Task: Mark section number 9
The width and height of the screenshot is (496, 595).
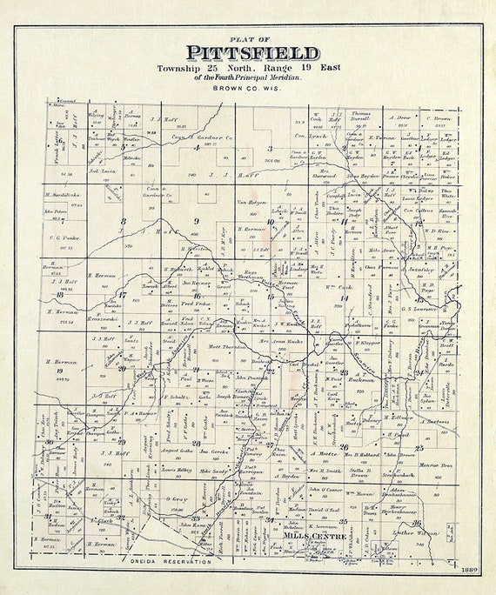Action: (x=197, y=221)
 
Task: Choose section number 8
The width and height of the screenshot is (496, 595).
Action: (x=123, y=221)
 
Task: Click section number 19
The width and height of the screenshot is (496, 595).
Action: (x=58, y=371)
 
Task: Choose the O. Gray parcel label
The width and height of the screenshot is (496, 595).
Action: (x=176, y=500)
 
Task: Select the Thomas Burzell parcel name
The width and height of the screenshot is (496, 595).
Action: (x=360, y=114)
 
